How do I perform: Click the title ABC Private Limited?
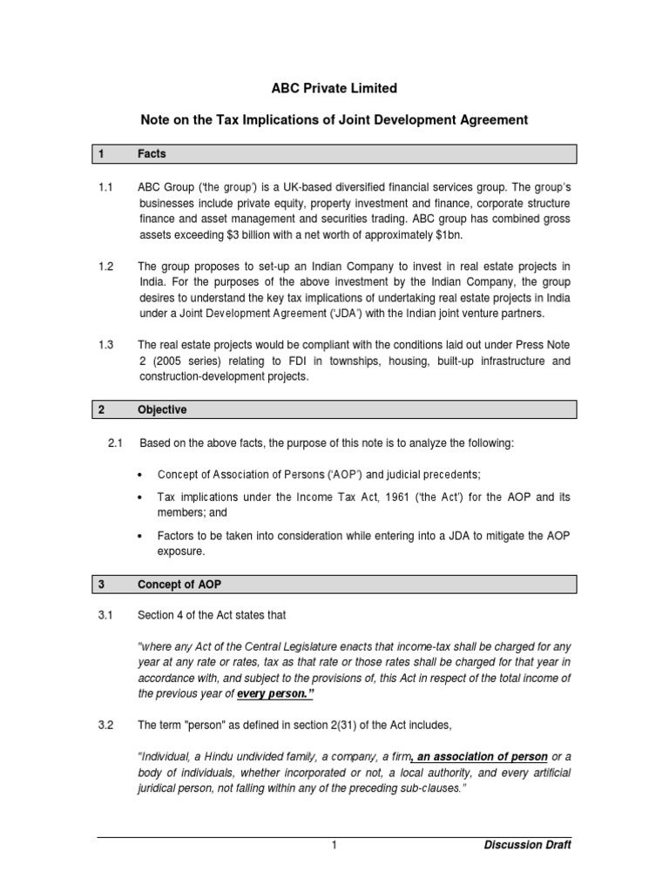tap(334, 88)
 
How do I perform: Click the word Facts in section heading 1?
tap(152, 154)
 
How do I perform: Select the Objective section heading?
tap(162, 409)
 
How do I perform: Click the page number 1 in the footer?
tap(334, 845)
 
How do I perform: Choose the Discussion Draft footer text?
tap(527, 845)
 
